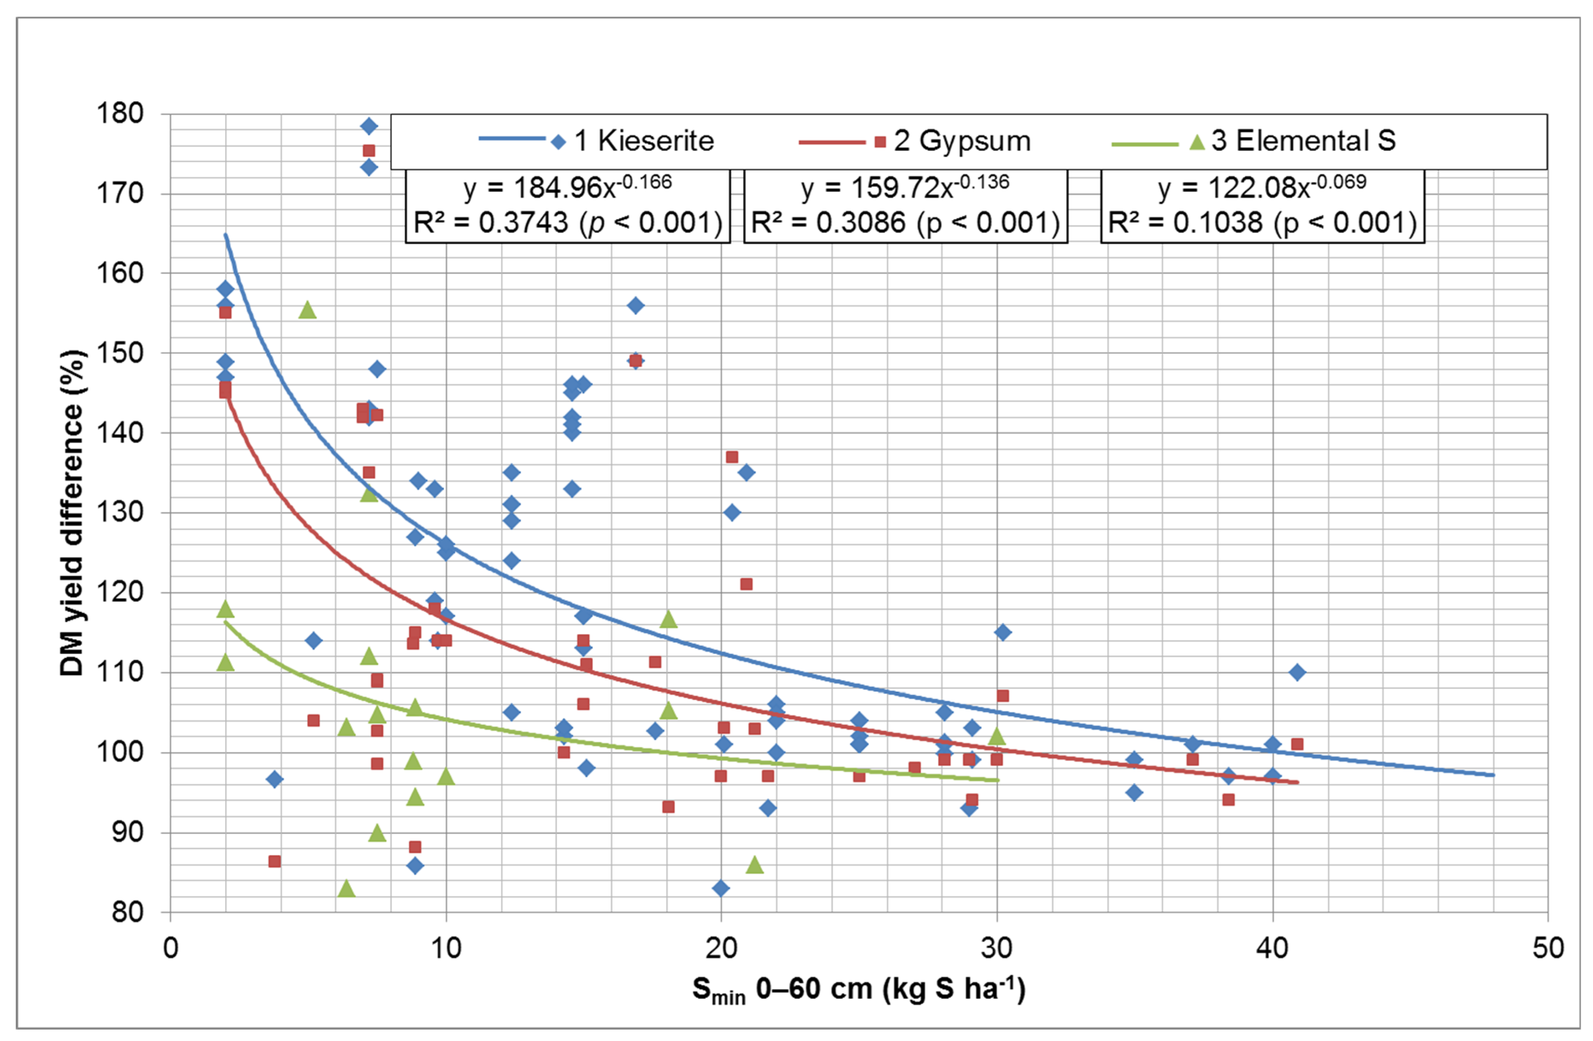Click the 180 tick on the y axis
point(121,114)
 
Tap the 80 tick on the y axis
point(127,912)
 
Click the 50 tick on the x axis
point(1547,949)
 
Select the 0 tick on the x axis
point(170,949)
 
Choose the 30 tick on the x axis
point(996,949)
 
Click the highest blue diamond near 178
point(369,126)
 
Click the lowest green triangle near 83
point(346,888)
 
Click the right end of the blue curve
point(1493,775)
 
